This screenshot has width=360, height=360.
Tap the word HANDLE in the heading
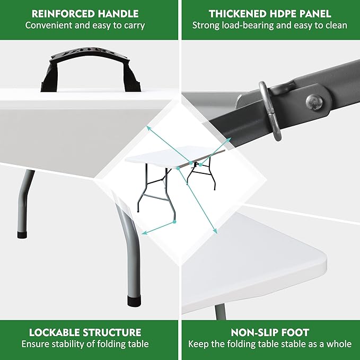point(118,14)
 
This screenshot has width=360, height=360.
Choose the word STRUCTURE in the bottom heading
point(112,332)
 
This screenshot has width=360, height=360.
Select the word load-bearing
point(248,25)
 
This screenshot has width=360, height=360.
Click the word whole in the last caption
point(339,344)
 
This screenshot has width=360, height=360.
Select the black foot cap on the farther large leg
point(22,235)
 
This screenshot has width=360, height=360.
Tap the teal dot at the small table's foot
point(174,222)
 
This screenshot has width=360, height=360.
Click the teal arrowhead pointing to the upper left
point(149,128)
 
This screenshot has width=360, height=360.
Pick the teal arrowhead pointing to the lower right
point(215,231)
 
